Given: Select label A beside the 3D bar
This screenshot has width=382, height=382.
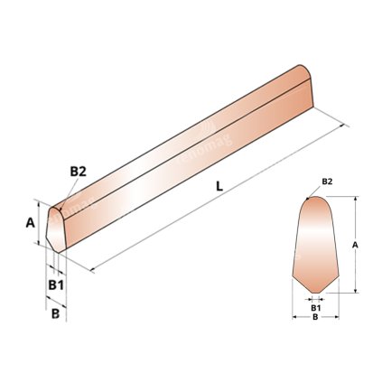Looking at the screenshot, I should pos(29,221).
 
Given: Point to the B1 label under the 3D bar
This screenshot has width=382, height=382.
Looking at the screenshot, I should pos(55,284).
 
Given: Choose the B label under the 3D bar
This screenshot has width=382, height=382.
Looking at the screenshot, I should pos(55,314).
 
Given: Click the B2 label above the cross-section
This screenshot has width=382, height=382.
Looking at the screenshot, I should pos(327,182).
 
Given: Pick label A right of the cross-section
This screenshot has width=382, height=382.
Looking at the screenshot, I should pos(355,244).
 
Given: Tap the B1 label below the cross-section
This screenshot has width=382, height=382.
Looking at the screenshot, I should pos(315,307).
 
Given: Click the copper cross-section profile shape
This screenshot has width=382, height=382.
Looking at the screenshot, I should pos(314,244).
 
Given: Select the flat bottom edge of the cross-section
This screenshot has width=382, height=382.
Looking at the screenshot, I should pos(315,292).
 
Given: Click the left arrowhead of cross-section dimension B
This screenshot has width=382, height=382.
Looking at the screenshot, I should pos(294,317).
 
